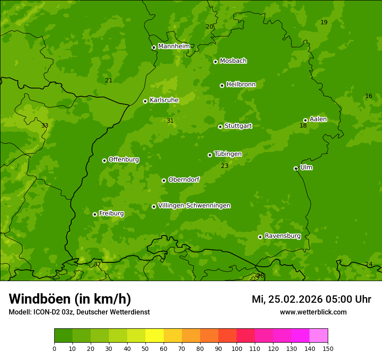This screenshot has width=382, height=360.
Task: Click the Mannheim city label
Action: [x=174, y=46]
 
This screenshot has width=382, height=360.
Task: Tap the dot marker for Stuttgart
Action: [x=220, y=127]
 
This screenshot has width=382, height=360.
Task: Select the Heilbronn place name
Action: [x=241, y=85]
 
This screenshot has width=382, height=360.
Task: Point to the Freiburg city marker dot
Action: [x=95, y=214]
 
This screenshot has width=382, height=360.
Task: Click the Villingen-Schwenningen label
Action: [x=194, y=206]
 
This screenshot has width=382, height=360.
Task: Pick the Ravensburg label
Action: [x=283, y=236]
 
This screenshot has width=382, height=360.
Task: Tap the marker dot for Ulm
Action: [x=296, y=168]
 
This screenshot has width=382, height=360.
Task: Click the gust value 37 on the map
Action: [x=97, y=264]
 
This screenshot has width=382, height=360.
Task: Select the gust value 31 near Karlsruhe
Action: [x=170, y=121]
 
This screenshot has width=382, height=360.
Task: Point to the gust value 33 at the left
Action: [x=45, y=125]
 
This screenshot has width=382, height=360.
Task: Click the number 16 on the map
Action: [x=369, y=96]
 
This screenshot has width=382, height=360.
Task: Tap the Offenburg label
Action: [x=124, y=160]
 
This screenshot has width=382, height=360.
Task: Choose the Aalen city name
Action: [x=318, y=119]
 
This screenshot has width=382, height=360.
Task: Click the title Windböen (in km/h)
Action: [x=70, y=299]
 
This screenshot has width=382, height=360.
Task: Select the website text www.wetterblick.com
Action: [x=313, y=312]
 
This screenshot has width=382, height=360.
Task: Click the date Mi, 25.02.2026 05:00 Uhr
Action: [x=311, y=299]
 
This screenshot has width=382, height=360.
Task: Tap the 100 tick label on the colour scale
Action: [x=237, y=348]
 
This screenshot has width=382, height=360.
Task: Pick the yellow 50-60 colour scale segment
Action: [x=155, y=336]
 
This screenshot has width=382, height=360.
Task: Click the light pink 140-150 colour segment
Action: [x=319, y=336]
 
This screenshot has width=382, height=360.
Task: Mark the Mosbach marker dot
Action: [x=215, y=62]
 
